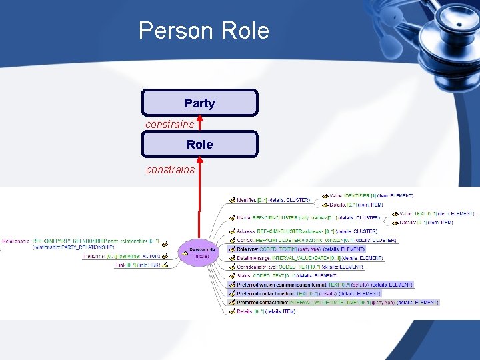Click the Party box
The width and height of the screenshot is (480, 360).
click(199, 103)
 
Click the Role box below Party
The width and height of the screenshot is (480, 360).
click(199, 144)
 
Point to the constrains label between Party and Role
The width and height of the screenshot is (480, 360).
click(170, 124)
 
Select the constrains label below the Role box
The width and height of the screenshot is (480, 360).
click(170, 169)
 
